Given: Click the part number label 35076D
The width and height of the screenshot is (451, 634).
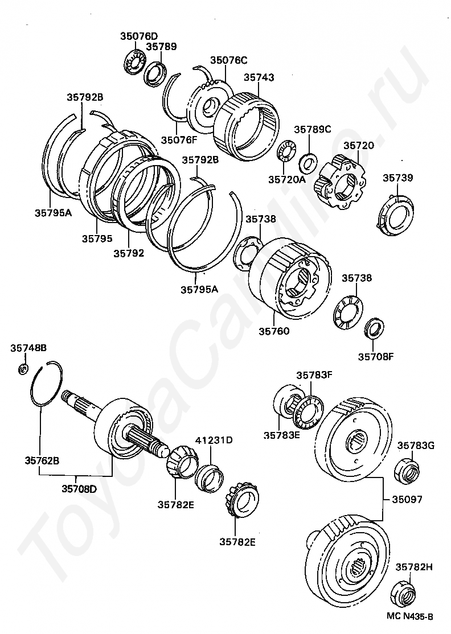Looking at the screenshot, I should pos(138,36).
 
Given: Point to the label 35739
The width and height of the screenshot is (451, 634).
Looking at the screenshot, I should pos(397,178).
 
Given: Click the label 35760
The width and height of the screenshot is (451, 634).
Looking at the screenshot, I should pos(274,331).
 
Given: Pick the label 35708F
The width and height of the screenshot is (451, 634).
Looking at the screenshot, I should pos(376,357).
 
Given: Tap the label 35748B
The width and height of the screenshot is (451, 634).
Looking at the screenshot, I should pos(28,347).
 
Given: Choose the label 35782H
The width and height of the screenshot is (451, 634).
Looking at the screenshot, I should pos(415,567).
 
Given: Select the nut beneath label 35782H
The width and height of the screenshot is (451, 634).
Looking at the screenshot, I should pos(404,594).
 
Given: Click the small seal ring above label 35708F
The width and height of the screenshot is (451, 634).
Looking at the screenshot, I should pos(374,329).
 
